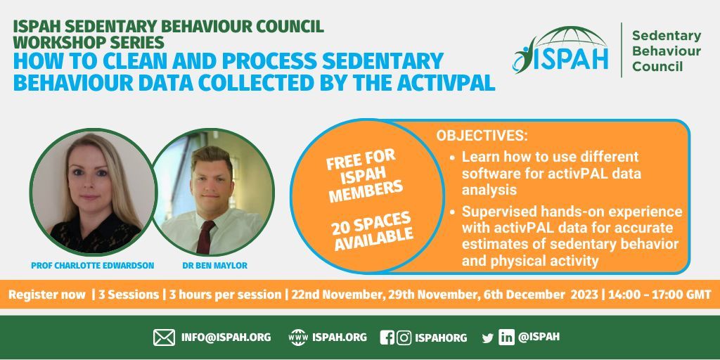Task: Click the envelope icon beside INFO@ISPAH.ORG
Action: pos(164,337)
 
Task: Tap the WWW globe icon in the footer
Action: pos(298,337)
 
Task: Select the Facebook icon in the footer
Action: pos(387,337)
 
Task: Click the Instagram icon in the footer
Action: pos(404,337)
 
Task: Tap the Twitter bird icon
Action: pos(487,338)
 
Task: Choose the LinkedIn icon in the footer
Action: pos(506,337)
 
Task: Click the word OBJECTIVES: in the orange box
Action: pos(482,135)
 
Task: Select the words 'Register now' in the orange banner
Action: pos(46,295)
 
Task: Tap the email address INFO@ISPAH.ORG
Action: pos(226,337)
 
